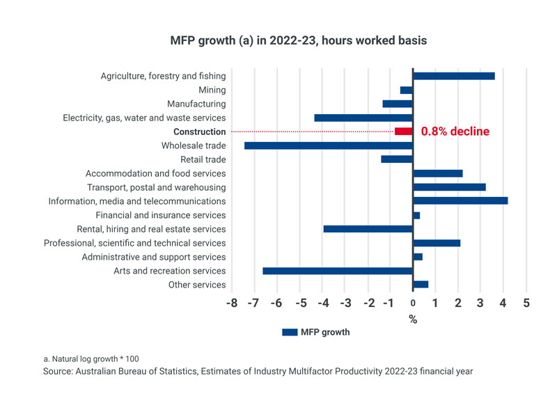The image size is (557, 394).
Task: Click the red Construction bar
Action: tap(404, 132)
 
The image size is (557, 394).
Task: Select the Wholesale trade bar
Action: tap(329, 145)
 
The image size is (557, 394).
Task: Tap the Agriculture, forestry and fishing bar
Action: tap(454, 76)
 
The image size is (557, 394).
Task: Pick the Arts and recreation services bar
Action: tap(338, 271)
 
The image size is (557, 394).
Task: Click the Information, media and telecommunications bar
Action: tap(460, 201)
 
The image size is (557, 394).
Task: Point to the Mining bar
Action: tap(407, 90)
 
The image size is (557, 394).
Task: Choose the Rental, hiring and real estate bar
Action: tap(368, 229)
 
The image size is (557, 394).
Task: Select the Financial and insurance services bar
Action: tap(416, 215)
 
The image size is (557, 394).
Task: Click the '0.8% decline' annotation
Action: tap(455, 132)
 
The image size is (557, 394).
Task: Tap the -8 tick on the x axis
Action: tap(233, 304)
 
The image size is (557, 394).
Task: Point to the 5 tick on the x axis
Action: tap(526, 304)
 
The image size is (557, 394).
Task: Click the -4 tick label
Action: tap(323, 304)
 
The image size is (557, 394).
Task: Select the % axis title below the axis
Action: tap(413, 320)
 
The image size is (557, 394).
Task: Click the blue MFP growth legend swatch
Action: tap(290, 333)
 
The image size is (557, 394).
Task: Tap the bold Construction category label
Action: tap(199, 132)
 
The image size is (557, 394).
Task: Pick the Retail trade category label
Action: tap(203, 159)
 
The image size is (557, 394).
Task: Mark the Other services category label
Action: tap(197, 285)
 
